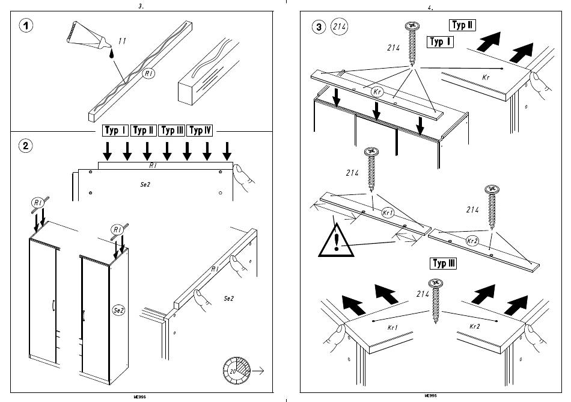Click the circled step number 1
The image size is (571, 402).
pos(26,25)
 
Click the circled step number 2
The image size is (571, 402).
pos(25,146)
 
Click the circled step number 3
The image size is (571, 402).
pos(319,27)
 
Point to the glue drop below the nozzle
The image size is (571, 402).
pos(111,54)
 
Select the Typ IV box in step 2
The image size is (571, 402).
pos(200,131)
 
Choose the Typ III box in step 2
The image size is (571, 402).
pos(173,131)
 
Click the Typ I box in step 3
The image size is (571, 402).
pos(440,42)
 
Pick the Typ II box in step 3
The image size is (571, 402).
pos(462,25)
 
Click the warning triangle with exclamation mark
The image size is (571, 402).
pos(336,241)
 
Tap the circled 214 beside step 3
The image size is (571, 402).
pos(339,26)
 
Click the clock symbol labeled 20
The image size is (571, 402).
pos(237,371)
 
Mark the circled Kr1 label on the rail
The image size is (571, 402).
pos(388,212)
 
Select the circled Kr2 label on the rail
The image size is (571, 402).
pos(472,241)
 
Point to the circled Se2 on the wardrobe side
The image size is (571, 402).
pos(119,310)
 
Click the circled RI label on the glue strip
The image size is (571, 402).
pos(148,73)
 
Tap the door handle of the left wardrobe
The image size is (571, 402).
pos(53,306)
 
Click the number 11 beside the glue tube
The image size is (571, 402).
pos(123,41)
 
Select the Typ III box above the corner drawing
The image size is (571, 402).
pos(444,264)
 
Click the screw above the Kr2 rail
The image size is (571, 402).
pos(492,207)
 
